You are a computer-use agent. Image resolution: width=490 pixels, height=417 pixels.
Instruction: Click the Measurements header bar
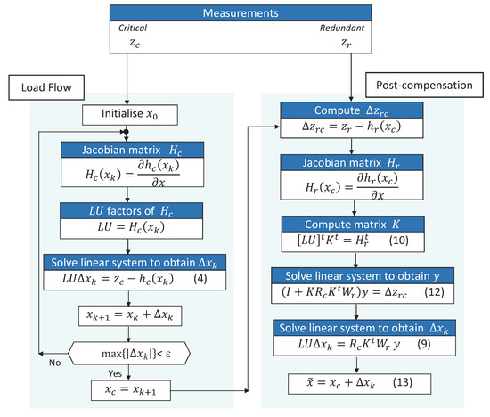[x=245, y=15]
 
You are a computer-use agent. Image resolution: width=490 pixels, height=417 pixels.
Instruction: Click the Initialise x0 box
[x=132, y=114]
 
